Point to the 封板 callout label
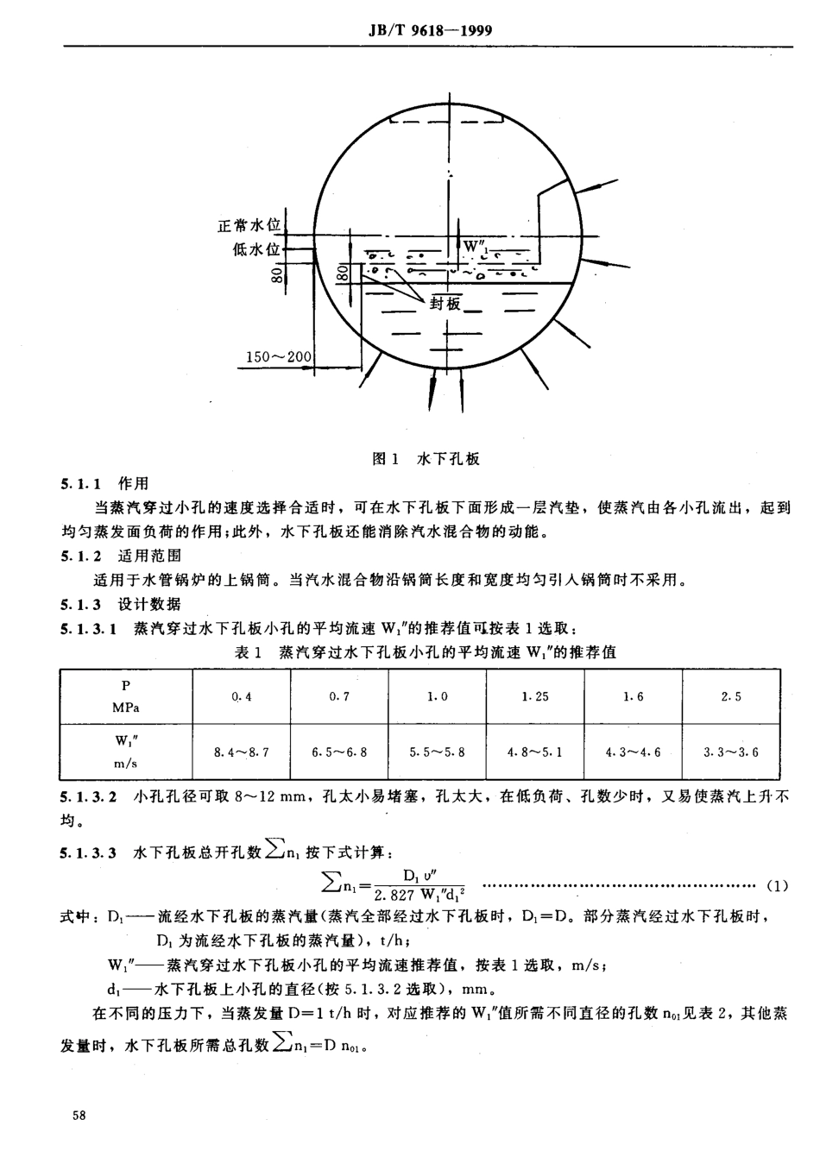tap(446, 302)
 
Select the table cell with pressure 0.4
tap(242, 697)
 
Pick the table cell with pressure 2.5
tap(731, 697)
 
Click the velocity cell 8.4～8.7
tap(242, 751)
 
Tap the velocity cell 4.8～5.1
tap(535, 751)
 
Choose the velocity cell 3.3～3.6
tap(731, 751)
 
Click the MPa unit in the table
tap(126, 707)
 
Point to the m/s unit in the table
tap(126, 762)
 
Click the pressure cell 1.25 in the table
tap(535, 697)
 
